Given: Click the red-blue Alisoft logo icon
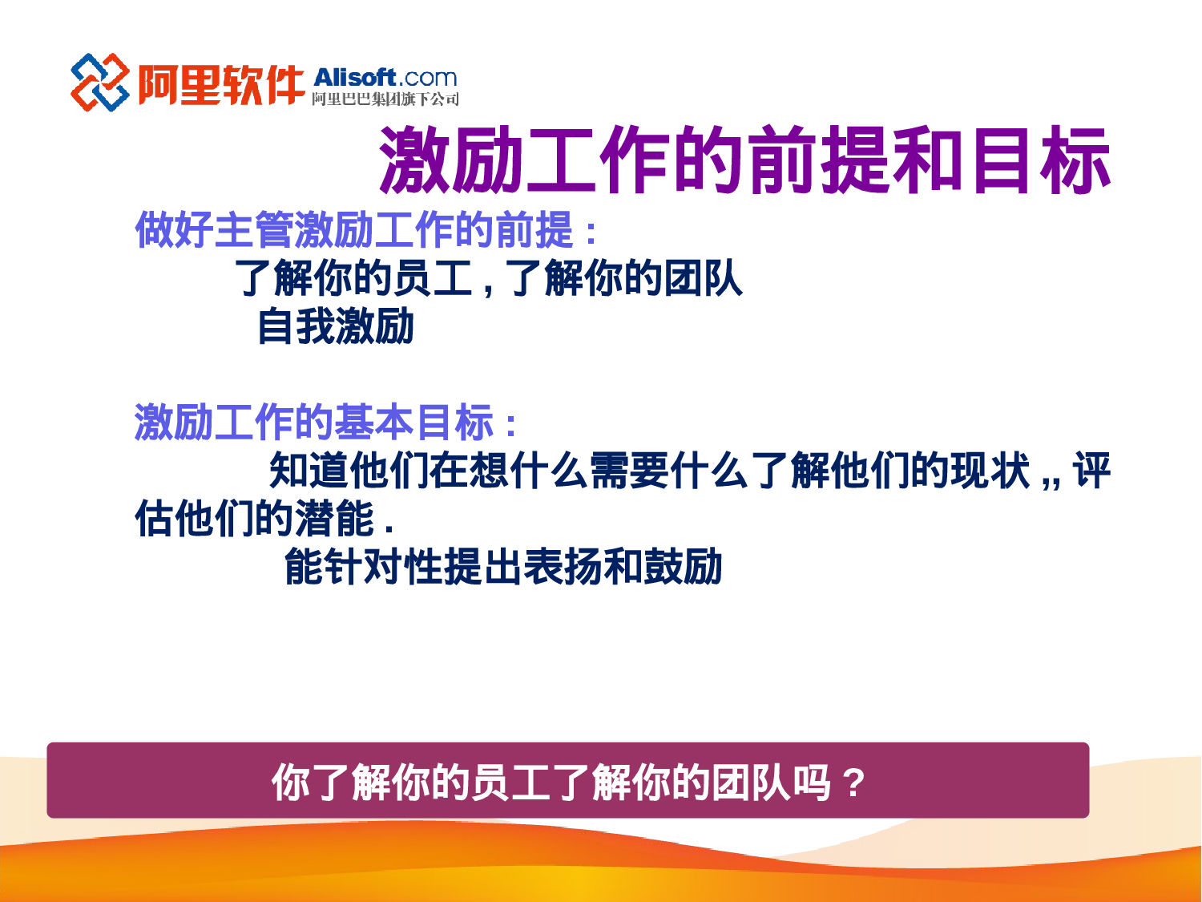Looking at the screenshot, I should pyautogui.click(x=99, y=83).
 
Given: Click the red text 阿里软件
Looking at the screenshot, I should pyautogui.click(x=220, y=84).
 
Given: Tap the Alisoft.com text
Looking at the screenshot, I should pyautogui.click(x=385, y=78).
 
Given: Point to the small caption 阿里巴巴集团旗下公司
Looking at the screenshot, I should pyautogui.click(x=385, y=99).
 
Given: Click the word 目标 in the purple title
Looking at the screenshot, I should pyautogui.click(x=1039, y=160).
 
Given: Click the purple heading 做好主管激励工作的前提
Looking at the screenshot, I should pyautogui.click(x=356, y=231).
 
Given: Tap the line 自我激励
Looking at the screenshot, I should pyautogui.click(x=335, y=327).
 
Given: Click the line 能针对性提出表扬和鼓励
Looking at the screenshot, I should pyautogui.click(x=503, y=567).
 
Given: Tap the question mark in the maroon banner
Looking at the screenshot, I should pyautogui.click(x=855, y=783).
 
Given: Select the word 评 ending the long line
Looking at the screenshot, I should pyautogui.click(x=1091, y=471).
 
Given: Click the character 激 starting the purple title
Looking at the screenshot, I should pyautogui.click(x=415, y=160).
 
